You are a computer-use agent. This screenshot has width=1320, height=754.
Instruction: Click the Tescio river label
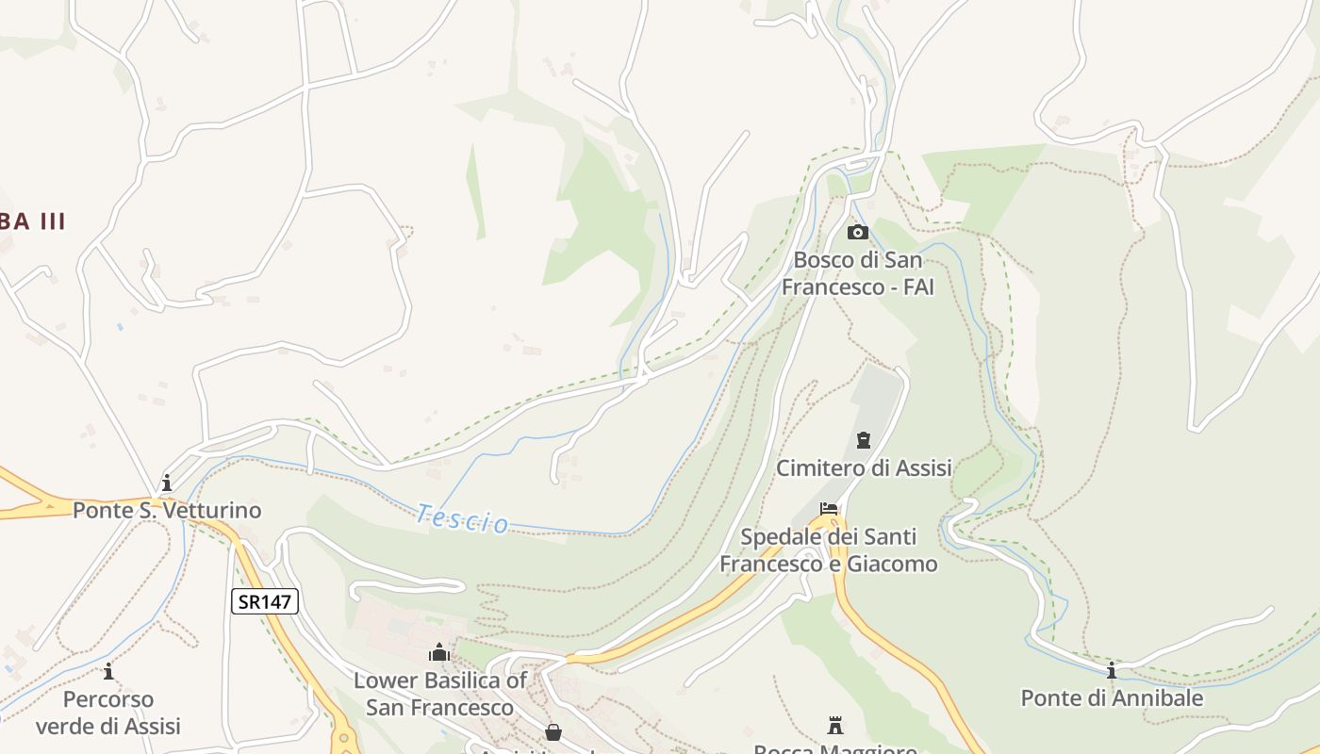463,518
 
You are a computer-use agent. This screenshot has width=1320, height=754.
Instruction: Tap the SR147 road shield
265,601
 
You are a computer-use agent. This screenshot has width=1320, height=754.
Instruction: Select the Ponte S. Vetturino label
167,511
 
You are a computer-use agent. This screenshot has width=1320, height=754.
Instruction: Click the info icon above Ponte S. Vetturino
167,484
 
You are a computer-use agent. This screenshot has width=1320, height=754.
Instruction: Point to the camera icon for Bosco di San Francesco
857,232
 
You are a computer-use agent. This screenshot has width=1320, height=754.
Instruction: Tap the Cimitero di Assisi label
864,467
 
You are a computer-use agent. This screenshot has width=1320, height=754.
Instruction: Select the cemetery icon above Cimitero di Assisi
863,440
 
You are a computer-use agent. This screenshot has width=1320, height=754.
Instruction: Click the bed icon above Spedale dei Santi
829,510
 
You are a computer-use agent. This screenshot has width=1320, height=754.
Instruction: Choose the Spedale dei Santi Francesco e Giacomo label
829,550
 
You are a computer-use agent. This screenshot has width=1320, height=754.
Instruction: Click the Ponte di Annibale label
1112,698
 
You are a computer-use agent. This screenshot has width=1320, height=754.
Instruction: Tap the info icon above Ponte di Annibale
1112,670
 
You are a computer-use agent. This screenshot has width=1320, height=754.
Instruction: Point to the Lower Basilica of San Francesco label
439,694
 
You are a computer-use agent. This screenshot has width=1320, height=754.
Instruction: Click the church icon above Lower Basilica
439,652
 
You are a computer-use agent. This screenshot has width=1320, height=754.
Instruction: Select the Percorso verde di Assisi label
108,713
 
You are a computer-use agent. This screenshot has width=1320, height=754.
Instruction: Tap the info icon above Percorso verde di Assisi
108,672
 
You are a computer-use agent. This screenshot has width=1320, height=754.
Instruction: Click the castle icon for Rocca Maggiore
834,726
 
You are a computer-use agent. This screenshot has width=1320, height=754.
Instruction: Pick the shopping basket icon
553,732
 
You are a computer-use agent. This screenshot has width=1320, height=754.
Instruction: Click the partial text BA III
33,221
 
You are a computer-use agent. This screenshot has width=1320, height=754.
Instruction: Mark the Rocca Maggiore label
834,749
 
